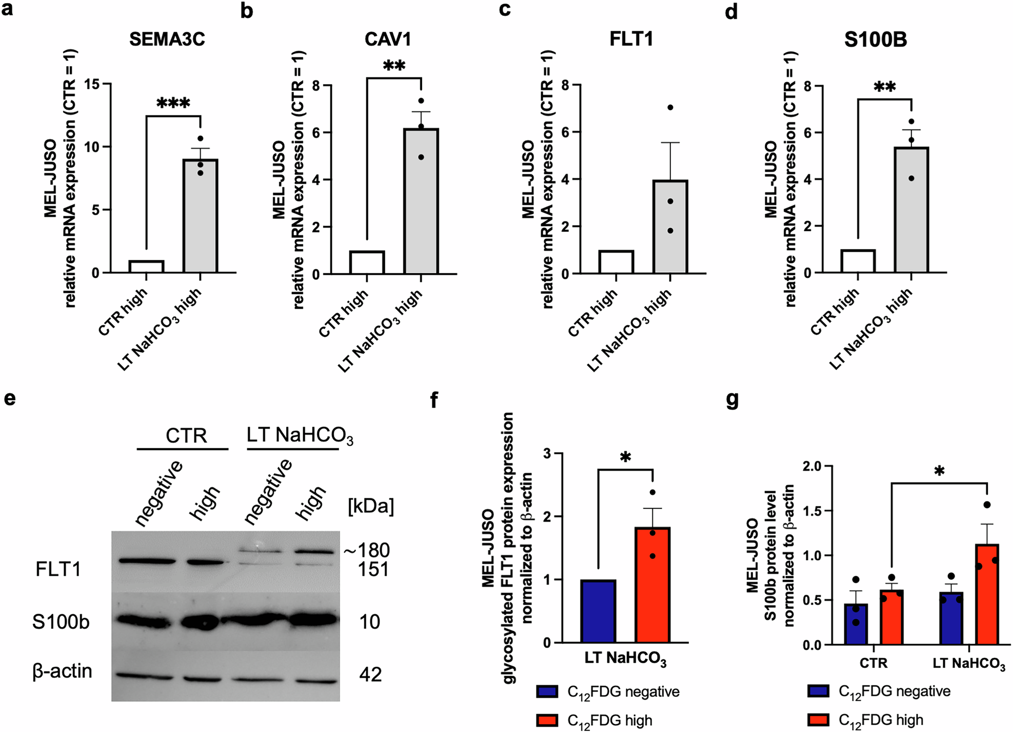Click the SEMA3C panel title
coord(167,39)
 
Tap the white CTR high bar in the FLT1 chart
coord(616,262)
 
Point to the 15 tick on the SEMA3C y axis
coord(92,84)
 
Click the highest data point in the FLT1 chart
coord(670,108)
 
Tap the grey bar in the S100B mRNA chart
coord(911,210)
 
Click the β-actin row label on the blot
coord(62,671)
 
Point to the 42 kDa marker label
coord(370,675)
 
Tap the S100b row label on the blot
coord(61,622)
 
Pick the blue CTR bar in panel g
coord(856,624)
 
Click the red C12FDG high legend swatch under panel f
coord(547,720)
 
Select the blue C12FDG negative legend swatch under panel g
coord(818,691)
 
